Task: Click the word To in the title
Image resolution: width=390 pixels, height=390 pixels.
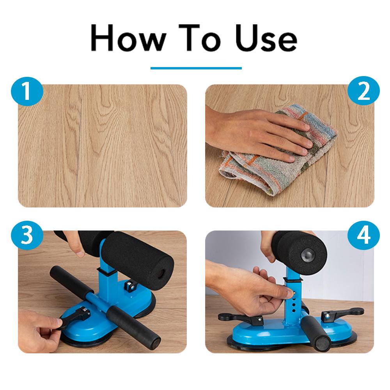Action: (199, 37)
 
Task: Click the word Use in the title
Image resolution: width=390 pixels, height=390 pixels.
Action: (266, 38)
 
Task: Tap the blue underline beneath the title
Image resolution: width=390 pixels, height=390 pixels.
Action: (196, 68)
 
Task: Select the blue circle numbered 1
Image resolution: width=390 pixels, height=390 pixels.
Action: (27, 91)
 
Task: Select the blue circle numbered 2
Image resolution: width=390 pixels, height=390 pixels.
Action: (363, 91)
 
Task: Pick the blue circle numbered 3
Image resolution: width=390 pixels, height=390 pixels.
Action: (27, 235)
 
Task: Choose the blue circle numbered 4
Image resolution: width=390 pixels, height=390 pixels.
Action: (363, 235)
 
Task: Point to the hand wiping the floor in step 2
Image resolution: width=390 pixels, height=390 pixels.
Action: (259, 134)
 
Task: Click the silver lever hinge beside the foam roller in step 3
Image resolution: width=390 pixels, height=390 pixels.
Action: (129, 286)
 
